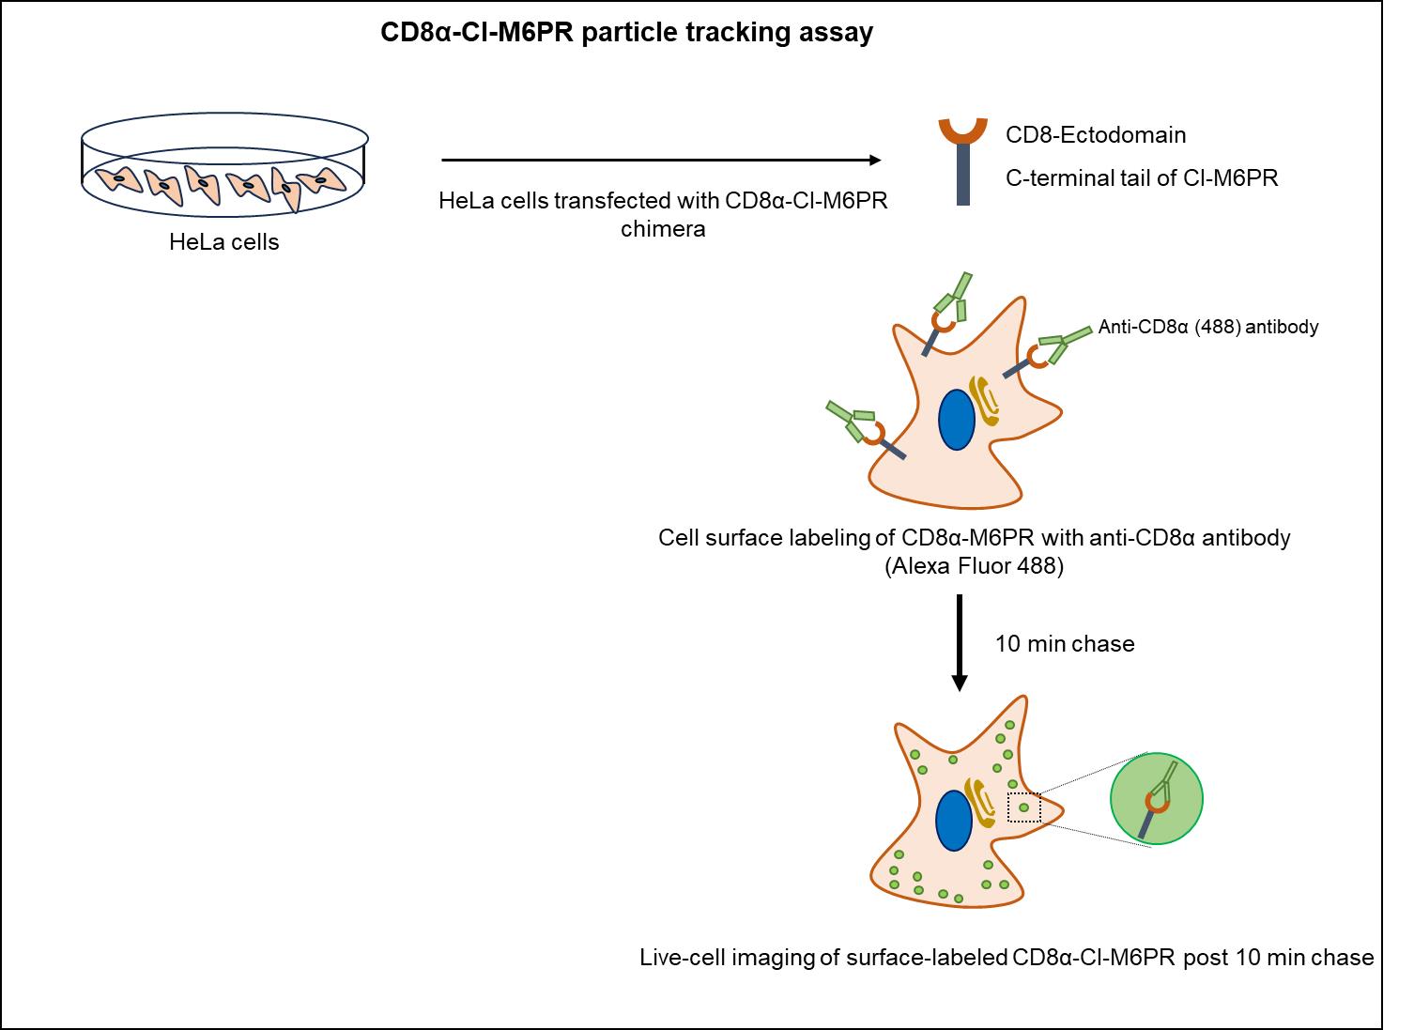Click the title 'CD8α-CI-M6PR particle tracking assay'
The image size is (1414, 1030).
[626, 32]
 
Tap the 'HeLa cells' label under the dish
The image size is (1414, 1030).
[224, 241]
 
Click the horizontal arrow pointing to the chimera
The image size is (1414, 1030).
[661, 161]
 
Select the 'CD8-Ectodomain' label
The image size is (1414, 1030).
[1095, 134]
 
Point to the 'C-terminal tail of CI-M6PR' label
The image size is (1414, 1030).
[1142, 178]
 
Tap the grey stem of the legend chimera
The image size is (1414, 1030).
[963, 175]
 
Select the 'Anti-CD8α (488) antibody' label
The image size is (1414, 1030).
[1208, 327]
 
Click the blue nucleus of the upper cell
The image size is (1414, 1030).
[957, 420]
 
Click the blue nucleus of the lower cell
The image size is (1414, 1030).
[953, 822]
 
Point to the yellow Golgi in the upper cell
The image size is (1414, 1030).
[984, 401]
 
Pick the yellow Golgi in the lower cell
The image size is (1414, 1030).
[980, 803]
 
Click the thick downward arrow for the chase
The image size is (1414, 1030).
[960, 642]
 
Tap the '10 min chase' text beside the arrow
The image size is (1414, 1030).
[1065, 644]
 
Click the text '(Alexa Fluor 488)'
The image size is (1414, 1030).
[974, 565]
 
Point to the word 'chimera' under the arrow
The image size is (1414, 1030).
[663, 228]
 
